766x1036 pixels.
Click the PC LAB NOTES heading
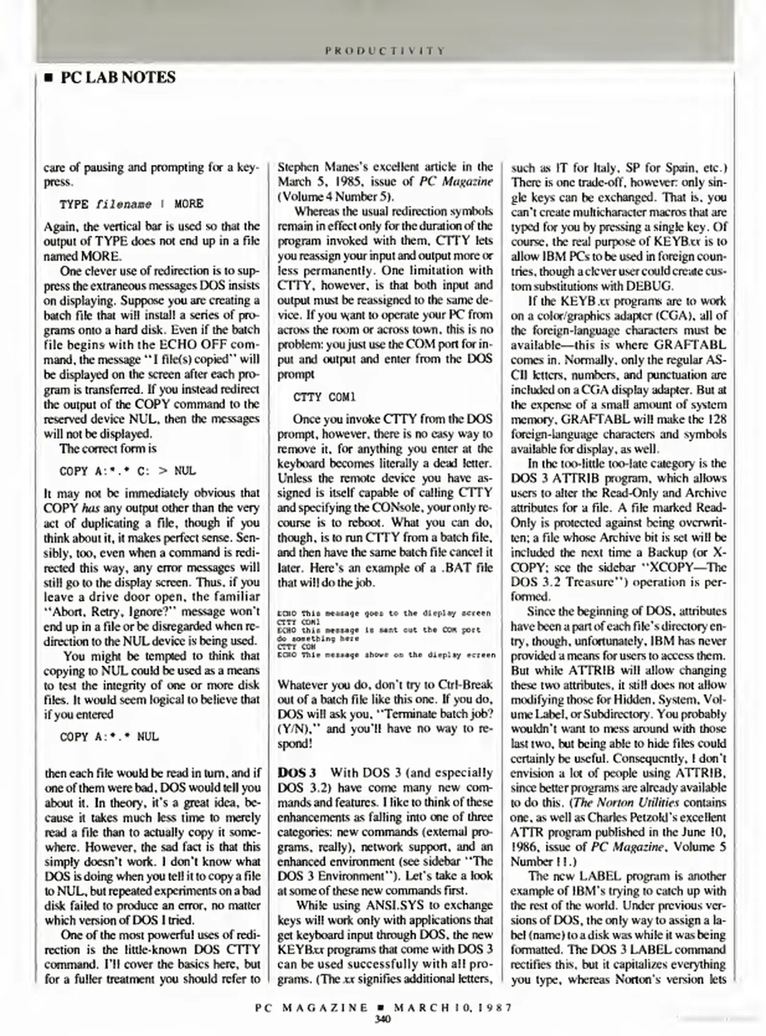tap(118, 78)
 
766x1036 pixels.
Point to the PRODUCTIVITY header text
tap(385, 50)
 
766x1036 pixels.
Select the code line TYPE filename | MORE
tap(131, 204)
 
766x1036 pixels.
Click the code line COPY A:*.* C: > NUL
tap(128, 471)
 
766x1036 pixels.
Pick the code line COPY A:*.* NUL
tap(109, 737)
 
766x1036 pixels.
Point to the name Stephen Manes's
tap(317, 167)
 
